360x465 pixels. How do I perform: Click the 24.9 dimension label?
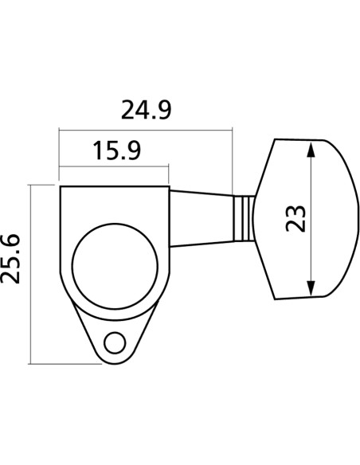click(x=147, y=110)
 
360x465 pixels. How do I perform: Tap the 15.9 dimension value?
click(x=117, y=150)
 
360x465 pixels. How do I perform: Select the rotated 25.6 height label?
click(x=10, y=259)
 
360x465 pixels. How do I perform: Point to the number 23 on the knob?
click(x=295, y=218)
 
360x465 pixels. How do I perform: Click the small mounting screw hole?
click(x=115, y=343)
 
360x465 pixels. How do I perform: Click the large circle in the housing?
click(x=115, y=266)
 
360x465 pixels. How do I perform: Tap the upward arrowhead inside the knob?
click(x=311, y=150)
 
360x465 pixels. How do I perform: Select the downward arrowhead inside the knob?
click(x=311, y=288)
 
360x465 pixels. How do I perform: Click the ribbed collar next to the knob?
click(x=243, y=218)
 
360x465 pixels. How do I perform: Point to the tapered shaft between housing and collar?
click(x=201, y=219)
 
